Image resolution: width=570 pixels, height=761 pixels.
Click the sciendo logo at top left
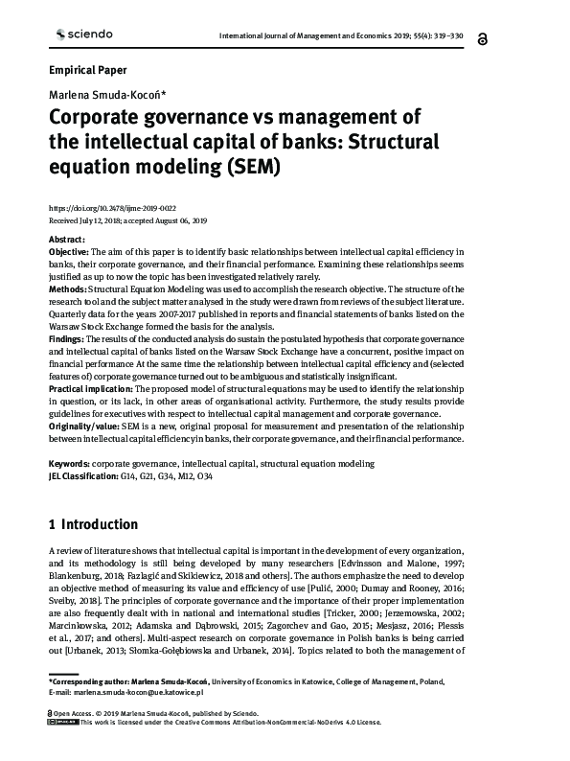click(80, 35)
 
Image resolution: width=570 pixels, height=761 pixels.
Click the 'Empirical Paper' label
click(87, 70)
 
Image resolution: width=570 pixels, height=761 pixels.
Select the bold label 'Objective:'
click(68, 250)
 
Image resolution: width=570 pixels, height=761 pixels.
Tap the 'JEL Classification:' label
click(82, 475)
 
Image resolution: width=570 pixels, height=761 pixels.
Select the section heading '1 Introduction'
click(93, 525)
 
